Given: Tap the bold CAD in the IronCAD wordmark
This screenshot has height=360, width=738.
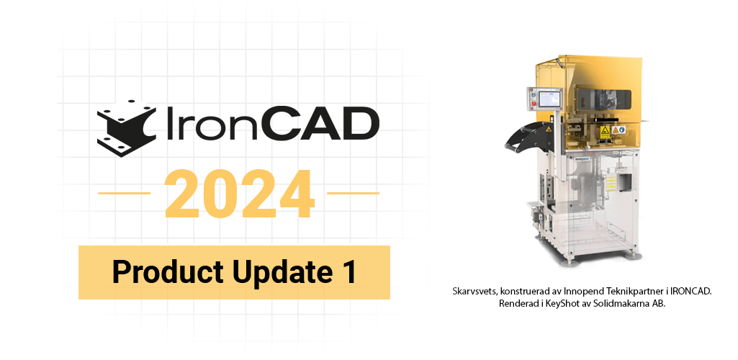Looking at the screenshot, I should pyautogui.click(x=320, y=125).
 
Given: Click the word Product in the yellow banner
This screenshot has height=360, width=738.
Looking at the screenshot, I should pyautogui.click(x=168, y=272).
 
